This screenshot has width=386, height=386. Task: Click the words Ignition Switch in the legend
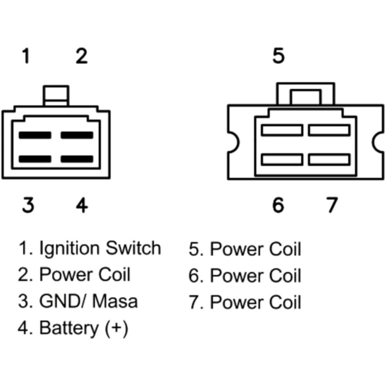[x=100, y=248]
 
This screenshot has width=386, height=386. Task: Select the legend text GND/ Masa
[x=88, y=301]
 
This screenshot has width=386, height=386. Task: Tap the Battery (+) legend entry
[x=83, y=328]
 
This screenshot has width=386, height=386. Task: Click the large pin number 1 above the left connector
[x=26, y=56]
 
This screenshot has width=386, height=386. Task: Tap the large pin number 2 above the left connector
[x=81, y=56]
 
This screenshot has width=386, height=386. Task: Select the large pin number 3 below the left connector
[x=28, y=205]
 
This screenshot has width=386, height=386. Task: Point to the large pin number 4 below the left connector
[x=82, y=205]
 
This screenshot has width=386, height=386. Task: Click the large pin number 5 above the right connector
[x=278, y=56]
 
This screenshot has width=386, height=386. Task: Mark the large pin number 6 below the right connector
[x=278, y=205]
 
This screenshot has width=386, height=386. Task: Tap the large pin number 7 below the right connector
[x=332, y=205]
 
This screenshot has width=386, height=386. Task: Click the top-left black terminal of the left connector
[x=35, y=135]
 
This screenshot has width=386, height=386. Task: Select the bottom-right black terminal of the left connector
[x=77, y=159]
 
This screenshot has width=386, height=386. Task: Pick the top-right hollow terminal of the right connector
[x=329, y=130]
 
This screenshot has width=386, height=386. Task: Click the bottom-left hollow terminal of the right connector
[x=282, y=159]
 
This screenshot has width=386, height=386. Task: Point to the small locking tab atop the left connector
[x=56, y=95]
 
